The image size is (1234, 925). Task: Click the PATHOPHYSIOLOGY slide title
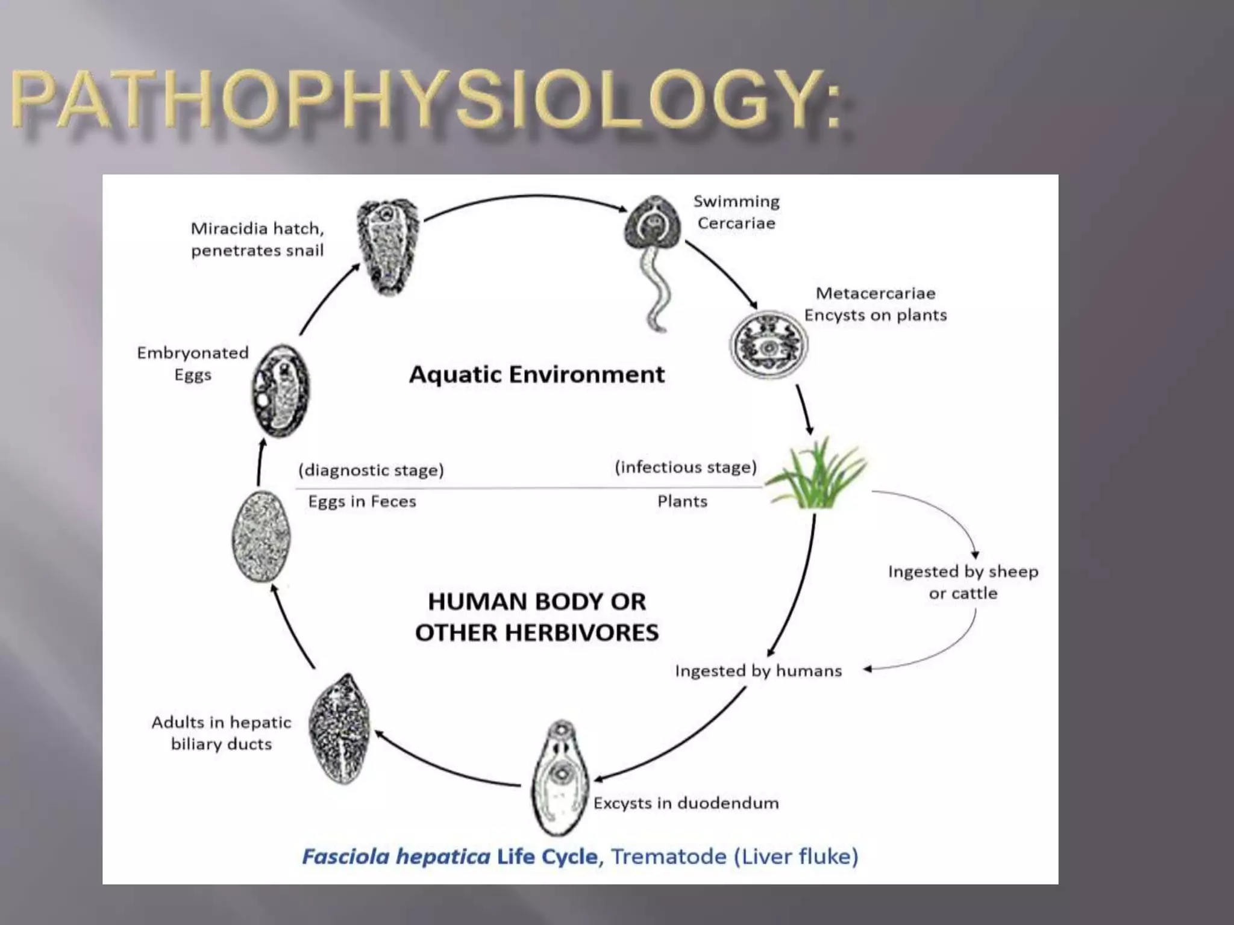pos(425,99)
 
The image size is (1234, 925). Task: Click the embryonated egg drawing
pos(281,390)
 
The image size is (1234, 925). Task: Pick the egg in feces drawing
pos(261,536)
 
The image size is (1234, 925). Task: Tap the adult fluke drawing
pos(339,729)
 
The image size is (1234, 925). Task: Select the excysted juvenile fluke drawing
pos(560,777)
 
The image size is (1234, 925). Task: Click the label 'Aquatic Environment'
pos(536,375)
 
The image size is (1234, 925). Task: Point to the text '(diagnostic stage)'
pos(371,470)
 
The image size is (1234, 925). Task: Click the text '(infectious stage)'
pos(686,467)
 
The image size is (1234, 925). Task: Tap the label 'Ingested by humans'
pos(758,671)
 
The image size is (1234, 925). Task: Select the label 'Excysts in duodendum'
pos(686,803)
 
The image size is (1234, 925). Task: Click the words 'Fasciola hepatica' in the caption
pos(396,856)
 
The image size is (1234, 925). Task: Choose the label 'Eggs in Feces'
pos(362,502)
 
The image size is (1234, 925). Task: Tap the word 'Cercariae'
pos(736,223)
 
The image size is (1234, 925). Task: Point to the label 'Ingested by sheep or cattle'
pos(963,582)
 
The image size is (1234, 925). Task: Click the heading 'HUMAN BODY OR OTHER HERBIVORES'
pos(536,617)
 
